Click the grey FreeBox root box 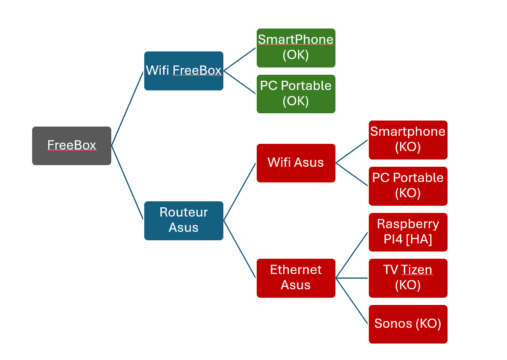(x=72, y=146)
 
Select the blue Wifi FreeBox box (x=184, y=71)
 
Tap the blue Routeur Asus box (x=184, y=221)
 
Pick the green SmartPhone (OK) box (x=296, y=48)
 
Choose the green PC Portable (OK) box (x=296, y=94)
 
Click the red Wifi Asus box (x=296, y=163)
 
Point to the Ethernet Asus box (x=296, y=278)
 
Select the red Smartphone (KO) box (x=408, y=140)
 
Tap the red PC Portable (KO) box (x=408, y=186)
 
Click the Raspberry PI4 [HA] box (x=408, y=232)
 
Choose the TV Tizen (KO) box (x=408, y=278)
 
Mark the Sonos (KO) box (x=408, y=324)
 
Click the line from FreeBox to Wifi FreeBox (x=127, y=108)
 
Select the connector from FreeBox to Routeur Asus (x=127, y=183)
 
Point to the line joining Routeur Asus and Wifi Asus (x=239, y=192)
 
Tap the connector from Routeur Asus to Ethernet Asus (x=239, y=249)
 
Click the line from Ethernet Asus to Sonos (x=352, y=301)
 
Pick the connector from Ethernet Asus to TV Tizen (x=352, y=278)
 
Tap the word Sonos (x=393, y=323)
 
